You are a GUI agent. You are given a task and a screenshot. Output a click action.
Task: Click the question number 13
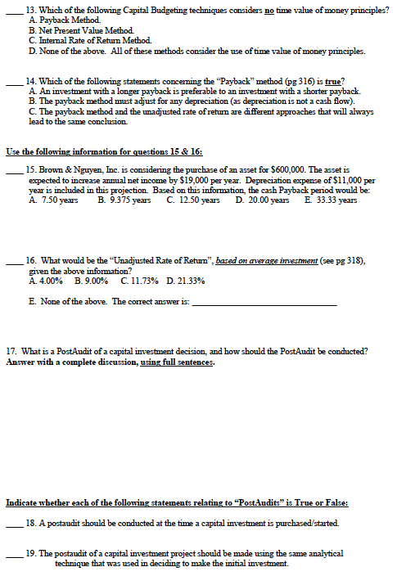tap(31, 9)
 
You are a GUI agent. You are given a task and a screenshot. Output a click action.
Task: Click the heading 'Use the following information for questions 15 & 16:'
tap(104, 151)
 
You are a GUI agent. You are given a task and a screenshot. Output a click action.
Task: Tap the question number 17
tap(11, 352)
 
